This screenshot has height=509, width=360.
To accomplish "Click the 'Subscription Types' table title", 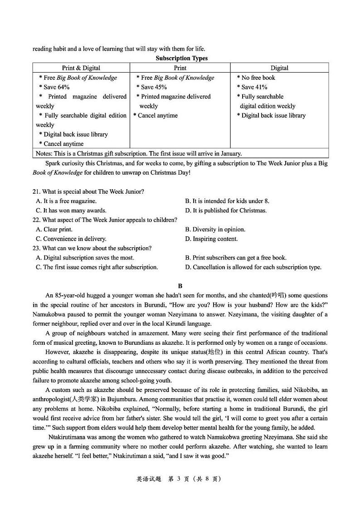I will pyautogui.click(x=181, y=58).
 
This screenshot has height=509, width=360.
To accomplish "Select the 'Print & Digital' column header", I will pyautogui.click(x=81, y=68).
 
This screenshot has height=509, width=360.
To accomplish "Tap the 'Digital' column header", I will pyautogui.click(x=279, y=68).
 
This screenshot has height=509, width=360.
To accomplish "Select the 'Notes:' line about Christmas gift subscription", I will pyautogui.click(x=138, y=153).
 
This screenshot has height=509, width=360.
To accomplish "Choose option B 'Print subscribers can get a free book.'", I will pyautogui.click(x=236, y=258).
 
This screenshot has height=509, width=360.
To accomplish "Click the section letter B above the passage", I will pyautogui.click(x=180, y=286).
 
